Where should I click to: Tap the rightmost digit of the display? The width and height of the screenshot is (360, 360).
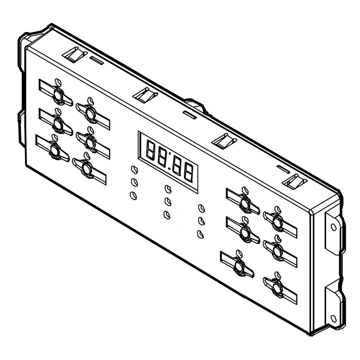[188, 172]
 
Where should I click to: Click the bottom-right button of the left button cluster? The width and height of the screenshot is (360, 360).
[87, 168]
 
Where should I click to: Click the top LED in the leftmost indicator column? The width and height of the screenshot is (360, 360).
[134, 170]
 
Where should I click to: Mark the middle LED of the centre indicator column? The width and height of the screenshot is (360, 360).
[167, 201]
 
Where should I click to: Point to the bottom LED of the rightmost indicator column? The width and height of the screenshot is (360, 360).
[200, 234]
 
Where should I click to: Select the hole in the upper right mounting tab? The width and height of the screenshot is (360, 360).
[333, 227]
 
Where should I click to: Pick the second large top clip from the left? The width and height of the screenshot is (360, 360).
[145, 95]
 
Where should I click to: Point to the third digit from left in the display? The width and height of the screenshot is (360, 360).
[177, 166]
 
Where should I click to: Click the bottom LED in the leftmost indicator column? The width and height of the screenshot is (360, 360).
[133, 195]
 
